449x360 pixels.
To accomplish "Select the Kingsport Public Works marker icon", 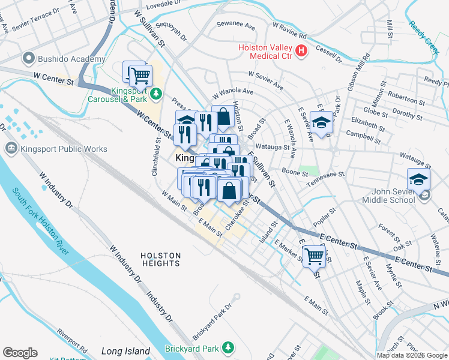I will pyautogui.click(x=11, y=148).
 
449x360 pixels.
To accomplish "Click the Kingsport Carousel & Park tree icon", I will pyautogui.click(x=156, y=94).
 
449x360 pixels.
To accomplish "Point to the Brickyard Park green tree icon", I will pyautogui.click(x=228, y=347).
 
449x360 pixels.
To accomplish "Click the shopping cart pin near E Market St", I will pyautogui.click(x=315, y=256).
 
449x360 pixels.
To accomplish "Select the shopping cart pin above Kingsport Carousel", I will pyautogui.click(x=140, y=76).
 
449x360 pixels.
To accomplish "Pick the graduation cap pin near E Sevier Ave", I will pyautogui.click(x=322, y=124).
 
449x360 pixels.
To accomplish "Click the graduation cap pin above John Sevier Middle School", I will pyautogui.click(x=418, y=179).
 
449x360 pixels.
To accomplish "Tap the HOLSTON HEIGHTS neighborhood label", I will pyautogui.click(x=161, y=259).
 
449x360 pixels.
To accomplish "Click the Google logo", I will pyautogui.click(x=20, y=353).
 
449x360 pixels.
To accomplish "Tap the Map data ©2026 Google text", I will pyautogui.click(x=412, y=355).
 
